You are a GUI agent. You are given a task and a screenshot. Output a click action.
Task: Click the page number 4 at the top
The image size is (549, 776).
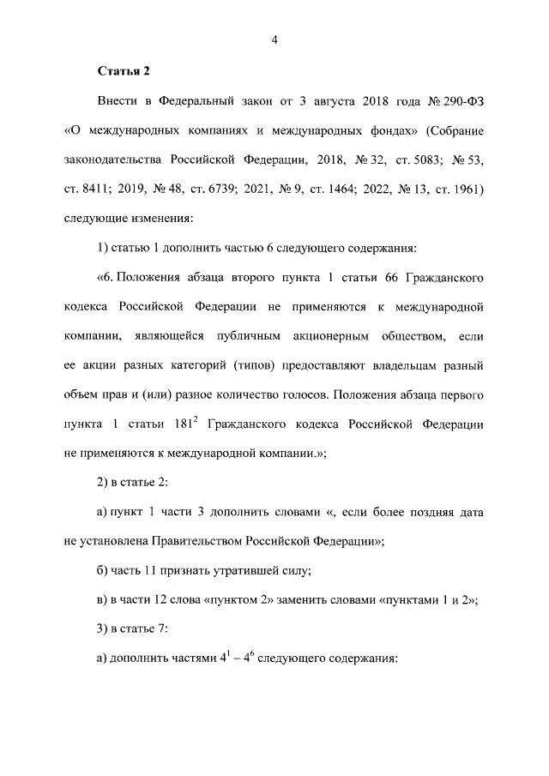point(274,39)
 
